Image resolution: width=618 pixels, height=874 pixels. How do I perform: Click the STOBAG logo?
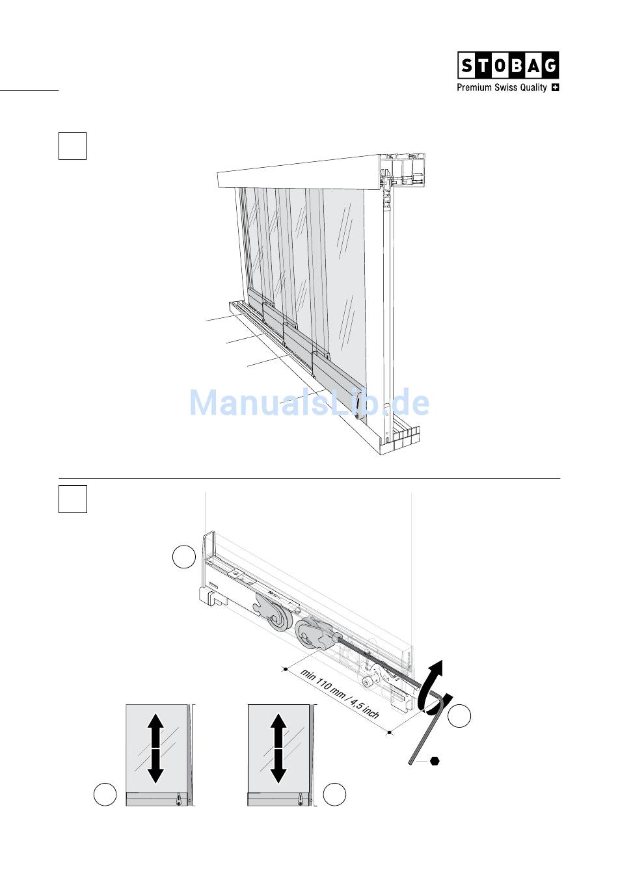point(508,65)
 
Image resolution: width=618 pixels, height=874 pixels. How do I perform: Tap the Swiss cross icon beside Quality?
point(555,88)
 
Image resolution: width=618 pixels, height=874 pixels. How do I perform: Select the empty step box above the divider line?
point(72,146)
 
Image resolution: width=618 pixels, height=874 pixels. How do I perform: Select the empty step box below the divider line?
point(73,499)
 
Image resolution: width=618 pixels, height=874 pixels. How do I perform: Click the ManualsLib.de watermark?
point(309,403)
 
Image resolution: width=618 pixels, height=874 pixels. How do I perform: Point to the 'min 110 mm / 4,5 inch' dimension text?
point(340,694)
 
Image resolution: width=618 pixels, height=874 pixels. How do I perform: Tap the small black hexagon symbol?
point(435,761)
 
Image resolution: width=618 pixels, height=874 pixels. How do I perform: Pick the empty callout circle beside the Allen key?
point(459,716)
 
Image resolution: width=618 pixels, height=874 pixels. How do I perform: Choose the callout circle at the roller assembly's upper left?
point(184,557)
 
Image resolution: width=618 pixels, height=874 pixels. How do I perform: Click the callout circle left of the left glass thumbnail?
point(105,794)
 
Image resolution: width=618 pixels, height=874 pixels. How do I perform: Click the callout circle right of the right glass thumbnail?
point(334,794)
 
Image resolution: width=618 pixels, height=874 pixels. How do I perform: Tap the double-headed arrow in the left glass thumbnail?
point(155,748)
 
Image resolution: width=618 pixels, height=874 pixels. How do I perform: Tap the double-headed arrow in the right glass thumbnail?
point(278,748)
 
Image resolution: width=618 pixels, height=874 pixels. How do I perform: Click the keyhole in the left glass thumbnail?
point(178,799)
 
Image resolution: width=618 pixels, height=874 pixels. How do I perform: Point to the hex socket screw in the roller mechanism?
point(368,682)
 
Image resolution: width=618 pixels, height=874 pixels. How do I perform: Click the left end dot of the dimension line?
point(286,669)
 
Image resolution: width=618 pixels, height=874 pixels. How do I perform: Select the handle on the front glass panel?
point(358,413)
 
